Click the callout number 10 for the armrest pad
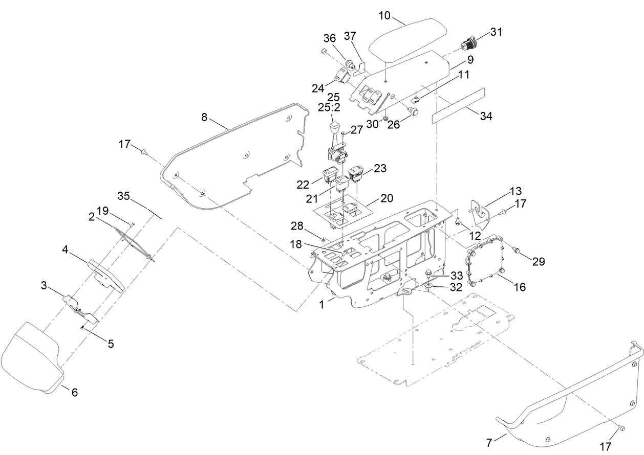tap(384, 16)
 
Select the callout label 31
tap(496, 32)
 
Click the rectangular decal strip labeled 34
tap(458, 105)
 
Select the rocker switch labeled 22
tap(329, 175)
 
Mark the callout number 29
tap(538, 261)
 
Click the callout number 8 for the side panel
tap(204, 118)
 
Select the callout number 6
tap(74, 392)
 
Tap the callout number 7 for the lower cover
tap(489, 443)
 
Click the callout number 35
tap(123, 195)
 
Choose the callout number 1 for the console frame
tap(321, 305)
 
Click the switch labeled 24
tap(341, 75)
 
